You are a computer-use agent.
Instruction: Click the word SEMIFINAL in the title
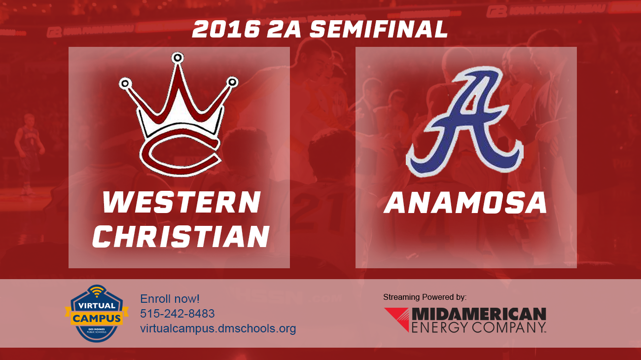(x=379, y=30)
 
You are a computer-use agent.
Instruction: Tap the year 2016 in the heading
(x=226, y=30)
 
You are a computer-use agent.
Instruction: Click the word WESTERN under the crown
(x=181, y=203)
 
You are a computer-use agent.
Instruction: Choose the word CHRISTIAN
(x=181, y=236)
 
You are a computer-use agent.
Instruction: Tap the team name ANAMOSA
(x=465, y=203)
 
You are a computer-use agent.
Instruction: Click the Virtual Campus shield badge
(x=97, y=314)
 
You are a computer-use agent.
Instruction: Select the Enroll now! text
(x=170, y=299)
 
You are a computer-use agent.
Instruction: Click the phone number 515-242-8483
(x=177, y=314)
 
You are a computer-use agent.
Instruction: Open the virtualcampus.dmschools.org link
(x=218, y=328)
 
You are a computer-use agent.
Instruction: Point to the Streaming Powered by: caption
(x=425, y=297)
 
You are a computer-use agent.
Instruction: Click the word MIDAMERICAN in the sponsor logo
(x=478, y=314)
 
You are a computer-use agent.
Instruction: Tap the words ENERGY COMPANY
(x=478, y=326)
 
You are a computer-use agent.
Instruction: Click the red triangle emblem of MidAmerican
(x=397, y=319)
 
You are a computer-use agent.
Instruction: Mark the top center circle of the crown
(x=177, y=58)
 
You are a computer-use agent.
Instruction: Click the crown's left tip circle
(x=125, y=83)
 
